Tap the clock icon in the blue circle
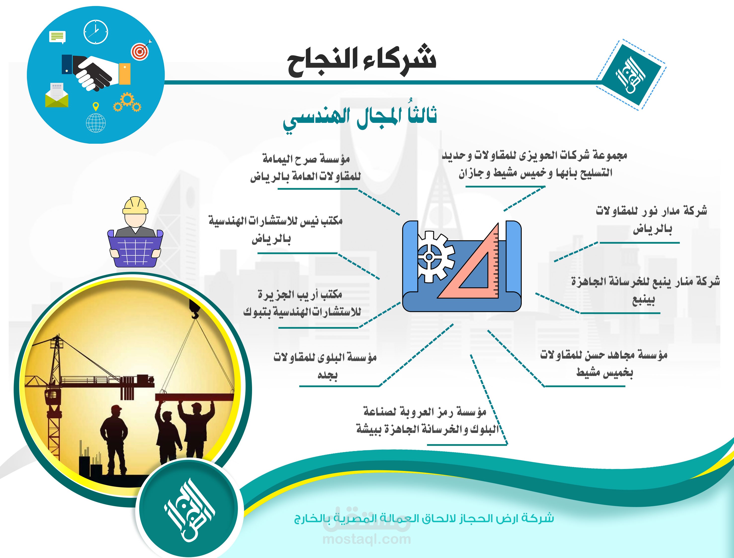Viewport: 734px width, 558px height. click(96, 32)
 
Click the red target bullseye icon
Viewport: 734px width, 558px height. click(141, 51)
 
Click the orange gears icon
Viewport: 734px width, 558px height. click(128, 102)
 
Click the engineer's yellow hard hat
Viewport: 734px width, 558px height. click(135, 205)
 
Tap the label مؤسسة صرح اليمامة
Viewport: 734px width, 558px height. click(306, 159)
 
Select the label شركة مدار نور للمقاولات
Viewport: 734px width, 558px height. click(651, 211)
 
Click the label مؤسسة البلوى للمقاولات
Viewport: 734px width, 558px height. click(325, 357)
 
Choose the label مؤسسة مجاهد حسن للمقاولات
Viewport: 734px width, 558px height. click(604, 355)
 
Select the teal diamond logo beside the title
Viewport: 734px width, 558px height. click(631, 75)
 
